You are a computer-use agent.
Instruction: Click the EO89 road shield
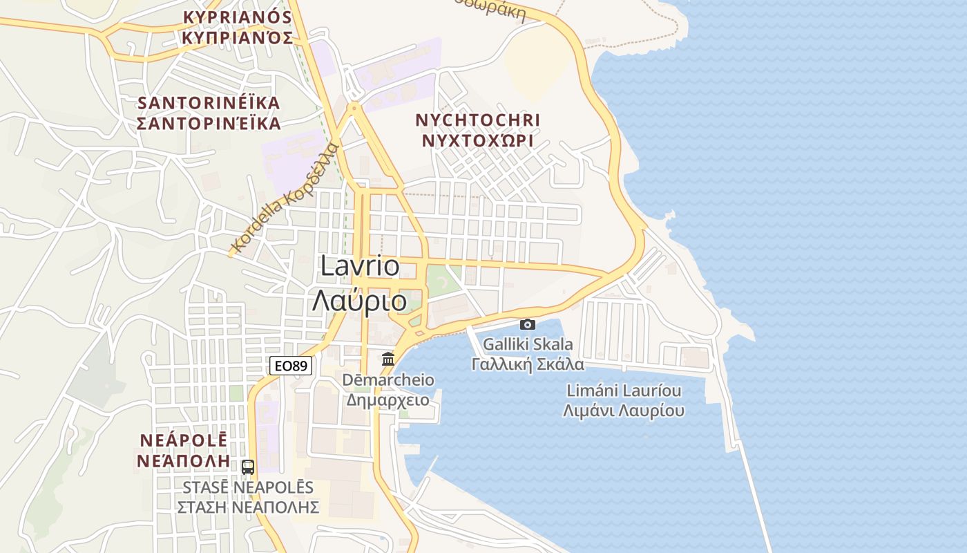tap(290, 366)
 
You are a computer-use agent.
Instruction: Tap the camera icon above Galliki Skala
tap(528, 324)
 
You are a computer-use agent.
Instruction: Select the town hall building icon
tap(388, 359)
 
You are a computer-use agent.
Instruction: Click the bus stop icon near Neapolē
tap(248, 467)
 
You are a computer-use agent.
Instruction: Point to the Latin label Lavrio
tap(360, 267)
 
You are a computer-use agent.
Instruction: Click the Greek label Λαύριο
tap(360, 301)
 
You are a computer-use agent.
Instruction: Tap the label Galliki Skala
tap(528, 344)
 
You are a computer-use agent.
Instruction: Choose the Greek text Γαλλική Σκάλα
tap(528, 364)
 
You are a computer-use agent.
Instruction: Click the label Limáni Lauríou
tap(624, 391)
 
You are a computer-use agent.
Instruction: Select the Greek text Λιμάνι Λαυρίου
tap(624, 411)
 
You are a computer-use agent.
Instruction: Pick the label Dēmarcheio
tap(388, 379)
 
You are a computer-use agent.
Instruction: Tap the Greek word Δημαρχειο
tap(388, 400)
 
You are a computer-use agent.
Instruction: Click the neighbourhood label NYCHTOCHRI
tap(477, 120)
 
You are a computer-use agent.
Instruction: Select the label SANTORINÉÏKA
tap(209, 103)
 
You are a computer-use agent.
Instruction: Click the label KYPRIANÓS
tap(237, 17)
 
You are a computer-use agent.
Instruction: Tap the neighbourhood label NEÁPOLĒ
tap(184, 440)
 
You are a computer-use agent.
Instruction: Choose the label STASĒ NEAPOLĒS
tap(248, 487)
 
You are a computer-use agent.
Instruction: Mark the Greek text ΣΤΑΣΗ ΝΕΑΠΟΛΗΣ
tap(248, 507)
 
